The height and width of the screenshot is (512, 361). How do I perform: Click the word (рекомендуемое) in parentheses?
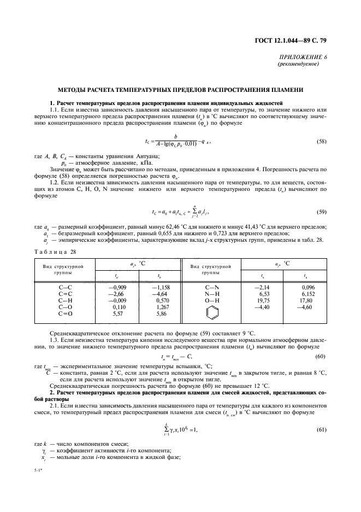(x=299, y=63)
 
